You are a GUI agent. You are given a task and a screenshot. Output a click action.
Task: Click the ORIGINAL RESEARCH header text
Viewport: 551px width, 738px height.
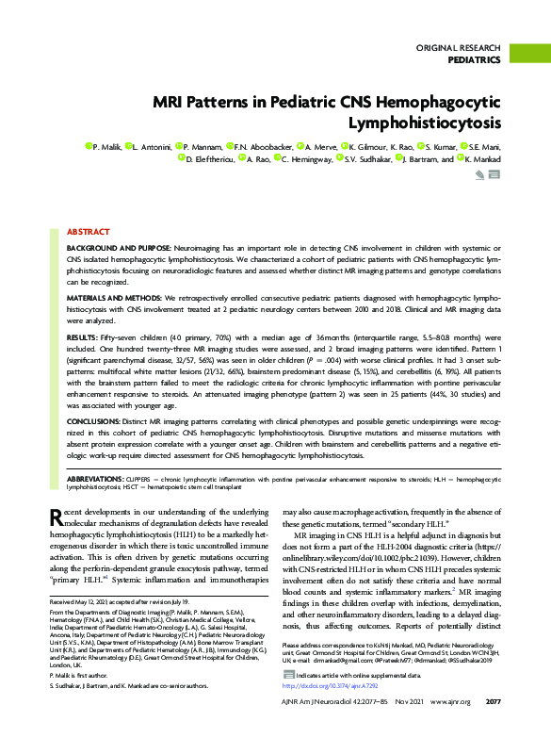(458, 47)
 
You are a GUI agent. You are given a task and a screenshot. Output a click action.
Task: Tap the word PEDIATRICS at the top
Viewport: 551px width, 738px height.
(474, 59)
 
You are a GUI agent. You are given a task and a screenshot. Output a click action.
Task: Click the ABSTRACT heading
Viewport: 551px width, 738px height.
(88, 231)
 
